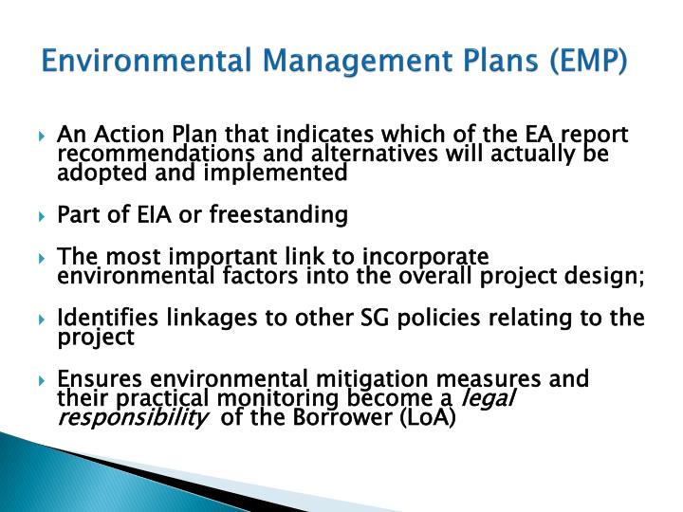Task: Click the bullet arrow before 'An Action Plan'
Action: [45, 136]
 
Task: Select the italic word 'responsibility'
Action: [134, 419]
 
